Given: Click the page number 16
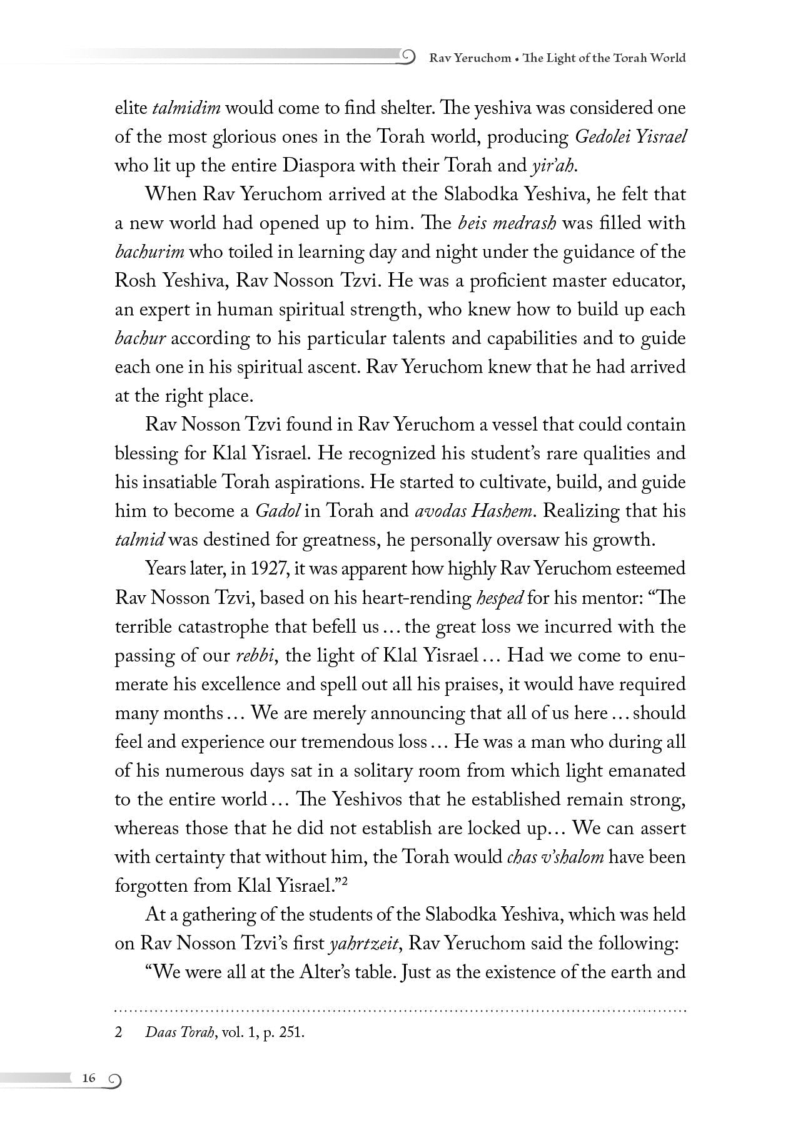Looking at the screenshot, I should pyautogui.click(x=88, y=1078).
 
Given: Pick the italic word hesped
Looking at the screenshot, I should pyautogui.click(x=500, y=598).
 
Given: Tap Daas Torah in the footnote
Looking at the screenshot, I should pyautogui.click(x=179, y=1033).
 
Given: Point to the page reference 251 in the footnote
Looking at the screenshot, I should pyautogui.click(x=293, y=1033).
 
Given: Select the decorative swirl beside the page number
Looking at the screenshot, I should pyautogui.click(x=114, y=1080).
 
